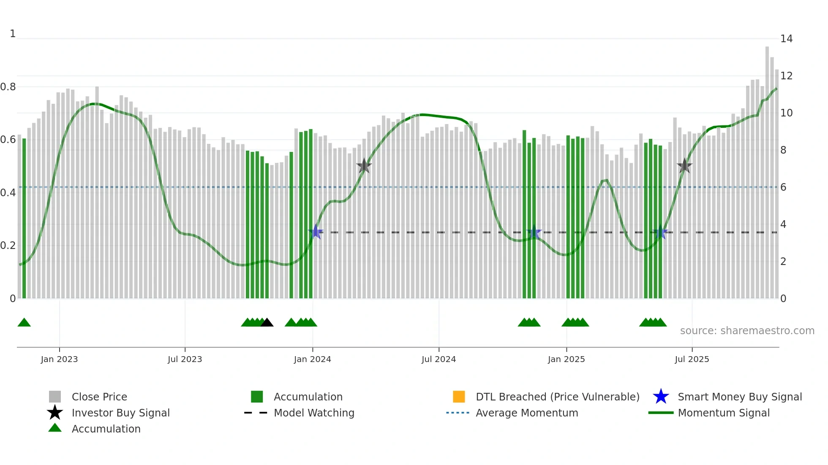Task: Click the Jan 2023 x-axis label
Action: pos(59,359)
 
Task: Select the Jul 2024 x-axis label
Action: pos(439,359)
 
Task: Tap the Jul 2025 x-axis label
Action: pos(692,359)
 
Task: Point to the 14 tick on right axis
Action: pos(786,39)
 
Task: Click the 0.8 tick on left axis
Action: pos(8,87)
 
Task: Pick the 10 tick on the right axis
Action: pos(786,113)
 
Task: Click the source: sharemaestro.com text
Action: pos(747,330)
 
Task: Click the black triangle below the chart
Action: pos(267,323)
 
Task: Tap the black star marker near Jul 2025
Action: pos(684,166)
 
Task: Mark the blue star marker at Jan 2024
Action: pos(316,232)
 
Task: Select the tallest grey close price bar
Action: pos(767,169)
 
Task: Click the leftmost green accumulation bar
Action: pos(24,219)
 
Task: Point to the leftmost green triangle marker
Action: pos(24,323)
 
